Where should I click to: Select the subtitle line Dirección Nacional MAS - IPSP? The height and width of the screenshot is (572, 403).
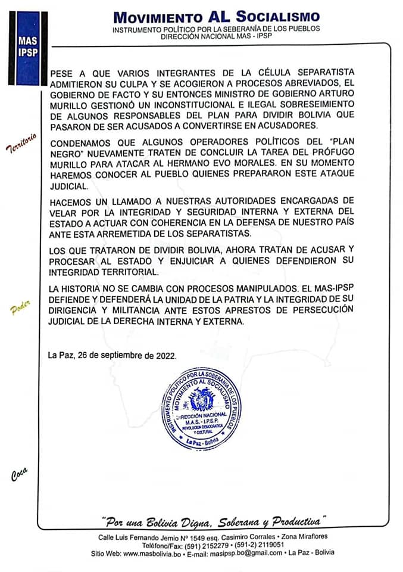[x=216, y=36]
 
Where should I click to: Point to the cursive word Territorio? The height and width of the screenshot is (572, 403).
[x=21, y=143]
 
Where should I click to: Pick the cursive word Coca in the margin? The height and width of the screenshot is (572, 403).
[x=20, y=475]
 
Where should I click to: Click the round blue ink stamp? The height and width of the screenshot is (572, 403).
[x=201, y=409]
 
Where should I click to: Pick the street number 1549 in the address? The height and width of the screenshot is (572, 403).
[x=203, y=537]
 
